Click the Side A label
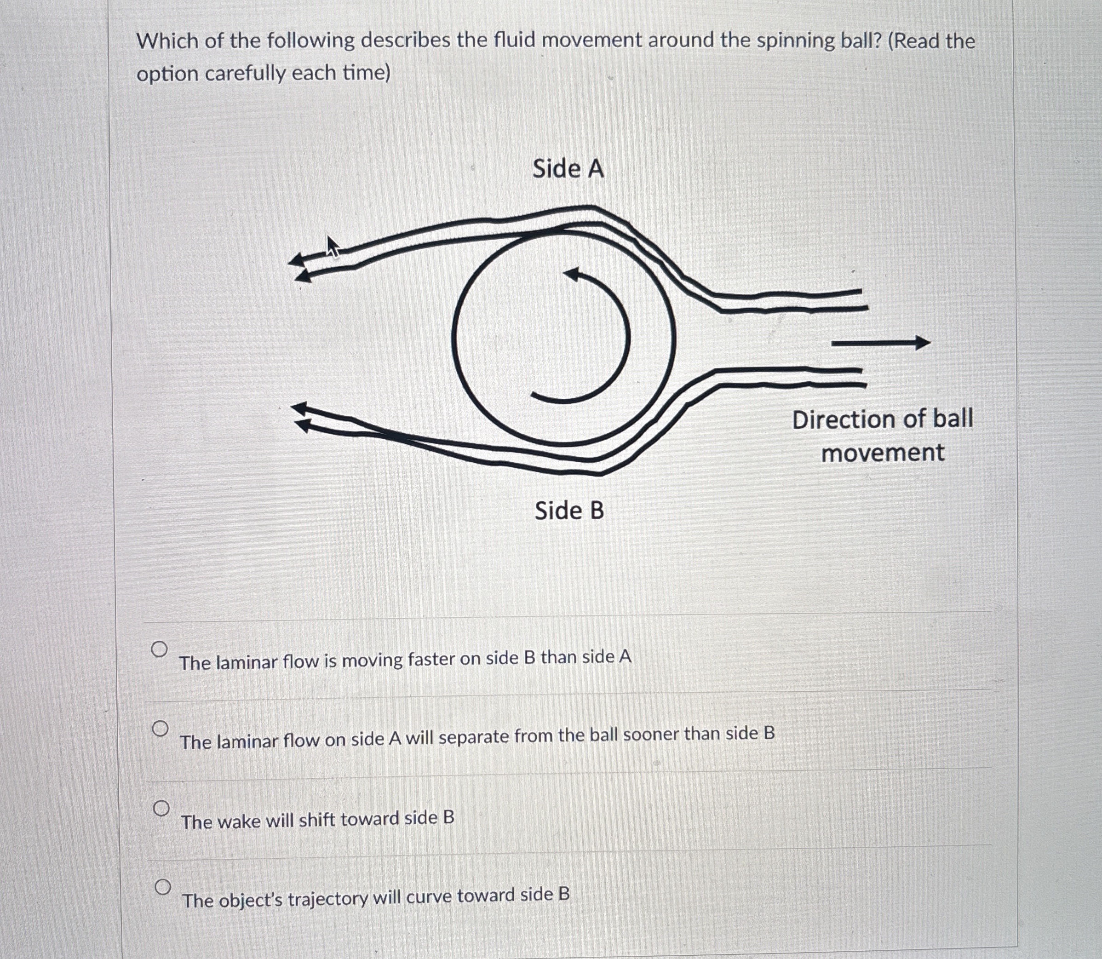pyautogui.click(x=568, y=169)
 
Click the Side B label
pyautogui.click(x=569, y=510)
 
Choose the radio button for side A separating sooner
pyautogui.click(x=160, y=729)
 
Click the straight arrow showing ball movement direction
pyautogui.click(x=880, y=343)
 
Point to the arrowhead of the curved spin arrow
pyautogui.click(x=572, y=275)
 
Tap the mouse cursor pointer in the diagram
pyautogui.click(x=333, y=247)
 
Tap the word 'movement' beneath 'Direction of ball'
pyautogui.click(x=883, y=453)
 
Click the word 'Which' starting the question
pyautogui.click(x=166, y=41)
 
